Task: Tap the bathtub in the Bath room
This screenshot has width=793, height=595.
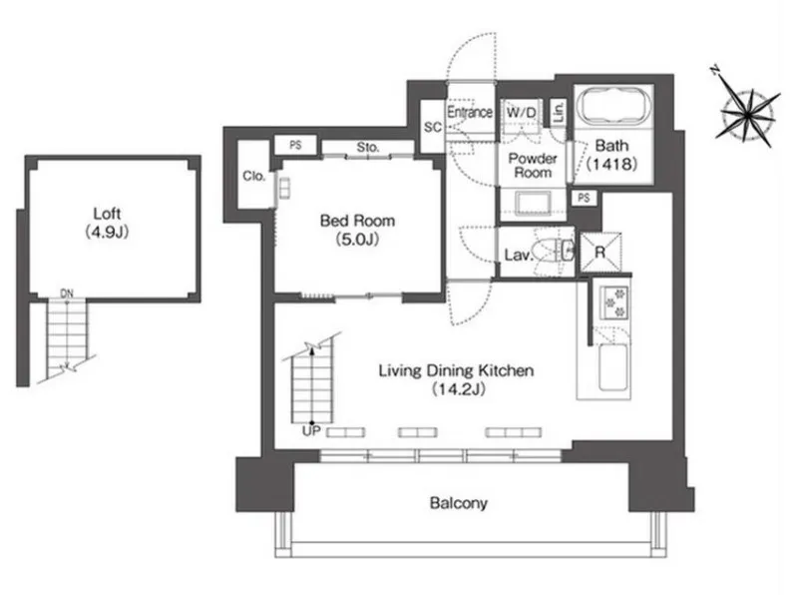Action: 614,106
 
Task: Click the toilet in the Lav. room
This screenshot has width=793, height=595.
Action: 550,251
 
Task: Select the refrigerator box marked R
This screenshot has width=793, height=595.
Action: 600,252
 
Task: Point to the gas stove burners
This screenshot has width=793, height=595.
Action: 614,302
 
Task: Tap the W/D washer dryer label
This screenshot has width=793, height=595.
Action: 521,113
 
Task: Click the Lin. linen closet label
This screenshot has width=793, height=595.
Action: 559,112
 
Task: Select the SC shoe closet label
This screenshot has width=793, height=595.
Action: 432,127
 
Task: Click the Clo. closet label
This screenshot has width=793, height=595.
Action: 254,176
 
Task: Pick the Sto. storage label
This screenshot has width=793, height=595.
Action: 368,147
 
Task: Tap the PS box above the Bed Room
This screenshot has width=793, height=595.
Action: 296,145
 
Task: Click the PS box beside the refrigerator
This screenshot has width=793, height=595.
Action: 584,198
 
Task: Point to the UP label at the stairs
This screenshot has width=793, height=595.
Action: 311,431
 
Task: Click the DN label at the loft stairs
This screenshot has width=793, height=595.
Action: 67,293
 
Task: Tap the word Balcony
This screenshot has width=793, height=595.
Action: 458,503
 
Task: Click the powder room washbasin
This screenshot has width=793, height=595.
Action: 533,203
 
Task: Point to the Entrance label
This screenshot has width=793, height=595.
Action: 470,112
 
